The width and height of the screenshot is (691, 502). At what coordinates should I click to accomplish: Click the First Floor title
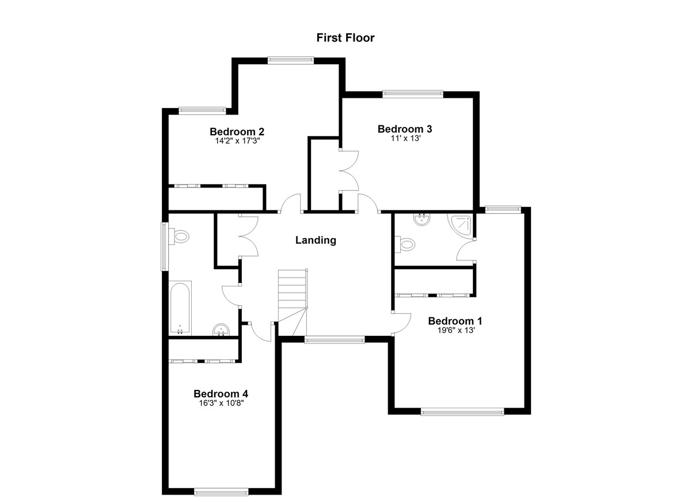(345, 38)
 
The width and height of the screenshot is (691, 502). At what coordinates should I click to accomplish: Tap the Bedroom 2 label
(237, 132)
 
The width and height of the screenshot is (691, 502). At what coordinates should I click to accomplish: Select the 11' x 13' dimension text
(405, 139)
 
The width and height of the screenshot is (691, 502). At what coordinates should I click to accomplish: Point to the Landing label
(316, 240)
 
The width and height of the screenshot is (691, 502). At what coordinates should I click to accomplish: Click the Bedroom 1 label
(455, 321)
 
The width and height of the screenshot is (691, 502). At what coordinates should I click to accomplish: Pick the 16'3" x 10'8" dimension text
(222, 403)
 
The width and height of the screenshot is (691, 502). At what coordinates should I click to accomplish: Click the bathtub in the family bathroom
(180, 308)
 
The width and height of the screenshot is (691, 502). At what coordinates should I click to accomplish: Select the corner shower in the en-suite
(461, 226)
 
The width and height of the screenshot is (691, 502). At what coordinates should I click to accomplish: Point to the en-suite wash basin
(422, 220)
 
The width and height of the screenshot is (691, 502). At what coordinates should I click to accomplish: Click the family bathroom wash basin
(221, 329)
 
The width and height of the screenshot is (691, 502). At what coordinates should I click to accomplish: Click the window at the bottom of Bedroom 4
(222, 492)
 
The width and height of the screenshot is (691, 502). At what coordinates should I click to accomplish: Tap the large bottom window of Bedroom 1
(462, 412)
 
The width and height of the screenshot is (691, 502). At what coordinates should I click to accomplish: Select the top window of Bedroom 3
(413, 94)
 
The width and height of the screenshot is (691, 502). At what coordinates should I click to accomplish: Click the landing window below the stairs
(335, 340)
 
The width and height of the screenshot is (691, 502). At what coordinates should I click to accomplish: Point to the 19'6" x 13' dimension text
(455, 331)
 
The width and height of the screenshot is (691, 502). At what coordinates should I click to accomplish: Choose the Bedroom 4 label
(221, 393)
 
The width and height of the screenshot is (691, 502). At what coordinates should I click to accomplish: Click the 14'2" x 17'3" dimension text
(238, 141)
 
